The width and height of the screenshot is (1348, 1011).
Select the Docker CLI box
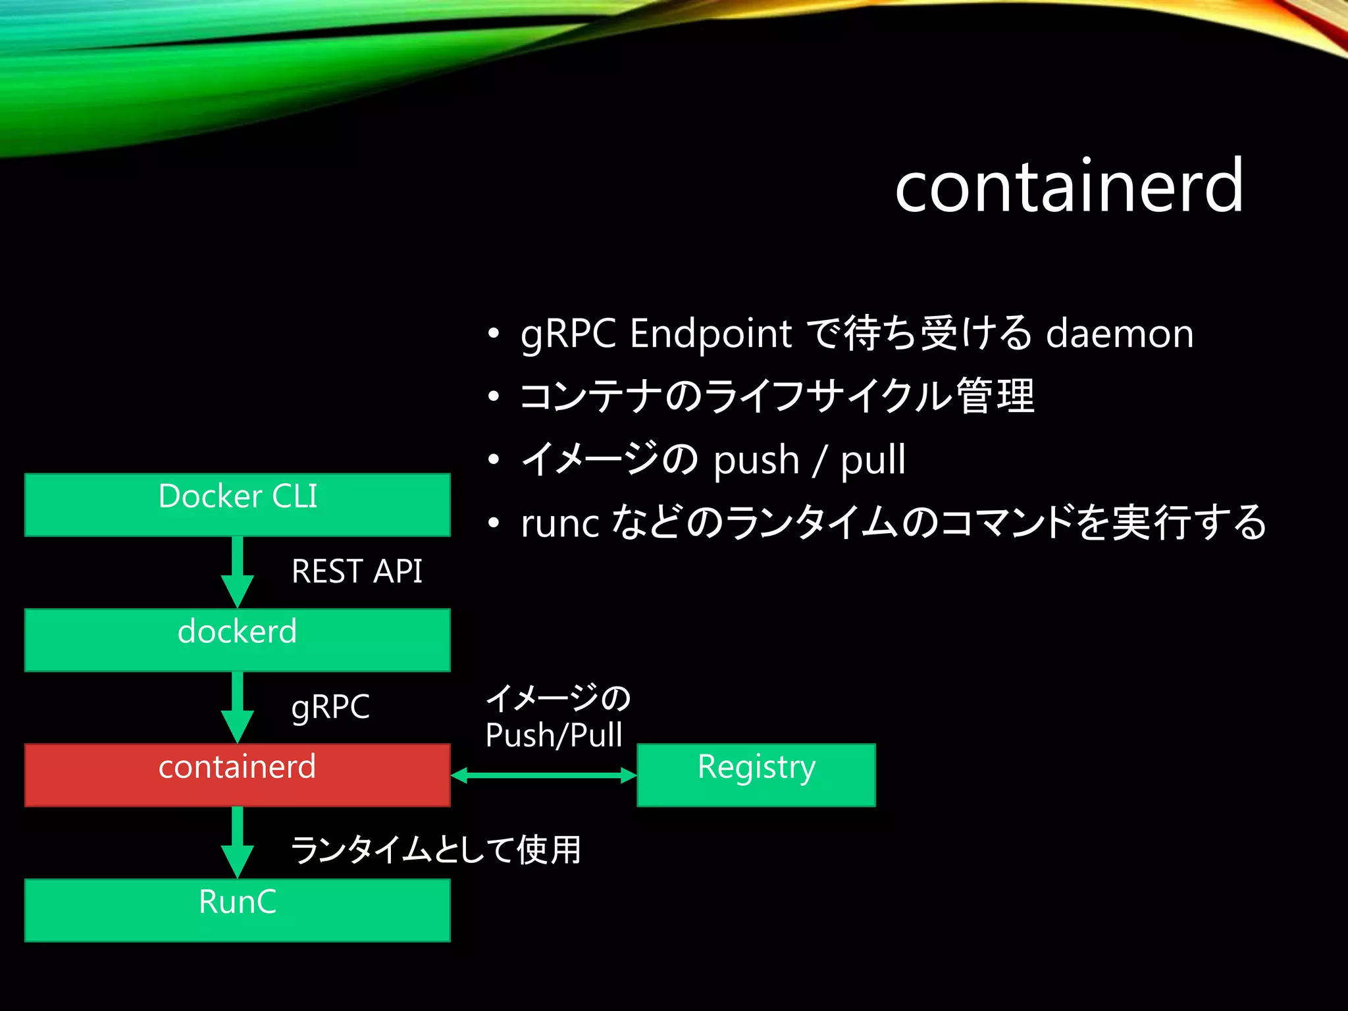pos(238,505)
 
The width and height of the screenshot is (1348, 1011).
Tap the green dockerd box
pos(238,640)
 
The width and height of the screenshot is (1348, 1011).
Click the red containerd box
pos(238,775)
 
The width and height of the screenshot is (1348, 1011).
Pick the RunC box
pos(238,910)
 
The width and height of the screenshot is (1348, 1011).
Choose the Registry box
pos(756,775)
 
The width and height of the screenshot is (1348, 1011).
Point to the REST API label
pos(357,571)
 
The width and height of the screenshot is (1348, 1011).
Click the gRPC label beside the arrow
pos(330,707)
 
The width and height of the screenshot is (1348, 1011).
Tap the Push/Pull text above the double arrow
pos(554,735)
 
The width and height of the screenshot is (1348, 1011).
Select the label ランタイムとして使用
pos(436,849)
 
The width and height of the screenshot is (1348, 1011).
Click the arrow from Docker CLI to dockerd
pos(238,571)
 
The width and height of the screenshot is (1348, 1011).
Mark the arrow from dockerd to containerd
pos(238,707)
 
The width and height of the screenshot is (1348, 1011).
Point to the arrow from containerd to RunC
pos(238,842)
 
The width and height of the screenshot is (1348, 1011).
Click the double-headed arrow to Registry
pos(544,775)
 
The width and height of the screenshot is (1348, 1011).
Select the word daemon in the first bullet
pos(1120,333)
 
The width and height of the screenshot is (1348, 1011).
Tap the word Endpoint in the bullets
pos(711,333)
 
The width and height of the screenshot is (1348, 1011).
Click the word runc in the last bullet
pos(559,524)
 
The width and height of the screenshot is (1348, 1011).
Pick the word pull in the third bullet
pos(873,459)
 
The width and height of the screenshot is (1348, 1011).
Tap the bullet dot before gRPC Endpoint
pos(494,333)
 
